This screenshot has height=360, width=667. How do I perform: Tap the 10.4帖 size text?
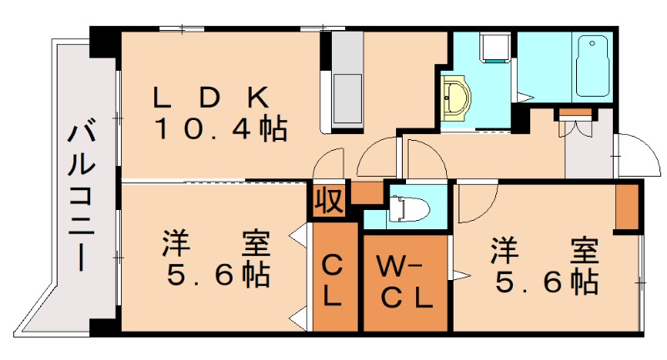pos(219,129)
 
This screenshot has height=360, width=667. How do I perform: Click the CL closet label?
pos(332,280)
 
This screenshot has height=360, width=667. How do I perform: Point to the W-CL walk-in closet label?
pos(404,282)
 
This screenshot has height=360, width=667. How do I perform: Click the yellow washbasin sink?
pos(454,97)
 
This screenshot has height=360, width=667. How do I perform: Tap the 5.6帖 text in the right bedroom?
pos(546,280)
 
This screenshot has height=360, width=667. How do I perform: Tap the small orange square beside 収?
pos(364,192)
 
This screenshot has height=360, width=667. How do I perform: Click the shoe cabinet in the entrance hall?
pos(574,114)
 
